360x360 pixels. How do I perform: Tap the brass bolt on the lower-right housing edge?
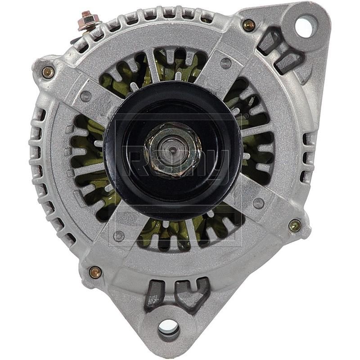click(295, 225)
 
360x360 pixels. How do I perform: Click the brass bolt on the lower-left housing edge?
click(95, 271)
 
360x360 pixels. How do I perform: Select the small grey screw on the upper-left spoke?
click(86, 96)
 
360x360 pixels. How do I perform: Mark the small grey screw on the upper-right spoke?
click(226, 63)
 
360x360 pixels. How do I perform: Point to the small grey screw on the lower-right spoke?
click(258, 203)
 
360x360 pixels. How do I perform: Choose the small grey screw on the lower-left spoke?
click(119, 235)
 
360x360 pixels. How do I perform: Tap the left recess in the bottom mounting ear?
click(153, 295)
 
